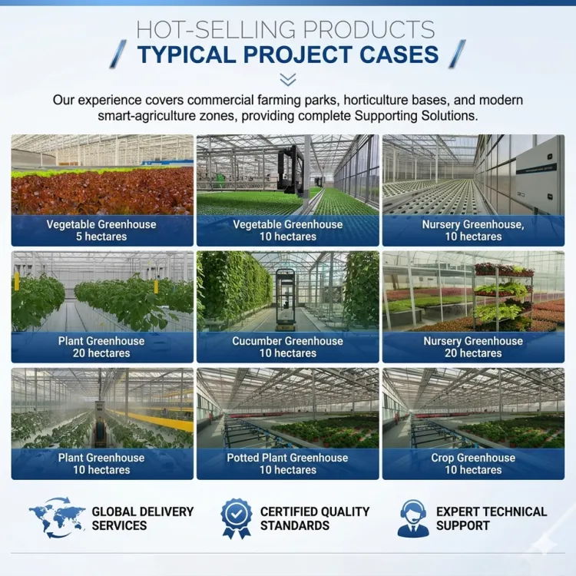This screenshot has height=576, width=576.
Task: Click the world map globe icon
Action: click(57, 518)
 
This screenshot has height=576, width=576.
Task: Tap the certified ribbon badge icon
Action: click(237, 518)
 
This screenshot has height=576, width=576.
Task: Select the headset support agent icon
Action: click(413, 518)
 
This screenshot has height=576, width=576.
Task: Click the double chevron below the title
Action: click(288, 79)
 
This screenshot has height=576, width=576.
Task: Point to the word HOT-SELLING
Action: click(216, 29)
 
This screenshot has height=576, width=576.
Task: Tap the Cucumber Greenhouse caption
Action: click(288, 347)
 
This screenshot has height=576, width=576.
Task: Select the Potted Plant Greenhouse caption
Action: click(288, 464)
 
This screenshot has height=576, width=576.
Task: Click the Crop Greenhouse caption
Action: click(473, 464)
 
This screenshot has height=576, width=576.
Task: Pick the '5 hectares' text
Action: click(101, 237)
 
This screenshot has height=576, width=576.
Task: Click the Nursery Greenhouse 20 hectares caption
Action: click(473, 347)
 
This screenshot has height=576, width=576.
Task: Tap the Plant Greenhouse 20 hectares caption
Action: click(101, 347)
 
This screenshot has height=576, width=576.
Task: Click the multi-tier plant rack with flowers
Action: click(503, 295)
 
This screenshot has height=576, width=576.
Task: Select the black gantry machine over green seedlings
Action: click(291, 170)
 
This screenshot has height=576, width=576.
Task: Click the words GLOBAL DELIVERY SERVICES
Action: click(143, 518)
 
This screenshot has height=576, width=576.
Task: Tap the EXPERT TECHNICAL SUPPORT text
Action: click(492, 518)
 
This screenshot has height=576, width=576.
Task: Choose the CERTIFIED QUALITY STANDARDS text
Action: click(315, 518)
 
